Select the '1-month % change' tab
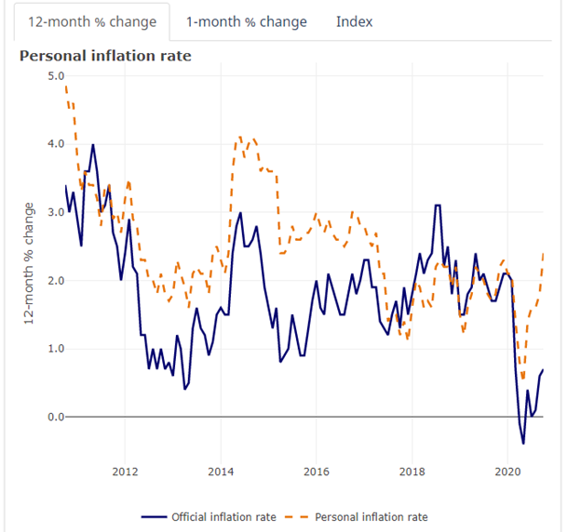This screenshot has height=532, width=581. pos(246,21)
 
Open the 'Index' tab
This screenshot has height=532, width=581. pos(354,21)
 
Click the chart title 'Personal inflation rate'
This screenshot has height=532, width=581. pos(105,56)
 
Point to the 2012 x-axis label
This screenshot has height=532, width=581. pos(125,471)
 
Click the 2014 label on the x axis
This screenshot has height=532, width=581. pos(221,471)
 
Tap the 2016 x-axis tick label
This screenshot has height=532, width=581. pos(317,471)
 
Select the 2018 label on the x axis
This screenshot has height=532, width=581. pos(412,471)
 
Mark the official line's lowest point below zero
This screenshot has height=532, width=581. pos(523,444)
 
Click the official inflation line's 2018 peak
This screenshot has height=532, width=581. pos(437,205)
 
